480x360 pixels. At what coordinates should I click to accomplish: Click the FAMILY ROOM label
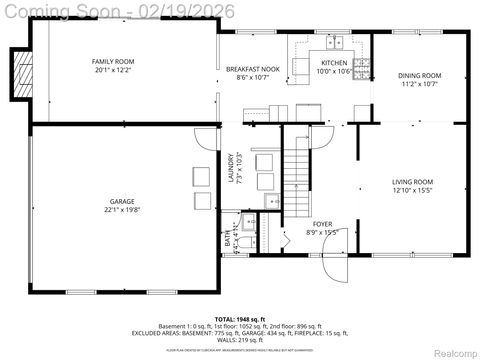click(x=114, y=62)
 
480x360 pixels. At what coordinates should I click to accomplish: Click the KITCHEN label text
click(x=332, y=62)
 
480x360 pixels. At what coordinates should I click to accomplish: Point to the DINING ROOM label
click(x=419, y=75)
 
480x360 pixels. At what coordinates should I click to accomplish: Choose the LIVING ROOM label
click(x=412, y=181)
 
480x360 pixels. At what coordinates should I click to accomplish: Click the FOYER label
click(x=322, y=224)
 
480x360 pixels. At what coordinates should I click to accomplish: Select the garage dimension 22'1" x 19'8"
click(x=122, y=210)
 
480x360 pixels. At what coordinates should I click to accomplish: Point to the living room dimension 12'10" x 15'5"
click(x=412, y=190)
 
